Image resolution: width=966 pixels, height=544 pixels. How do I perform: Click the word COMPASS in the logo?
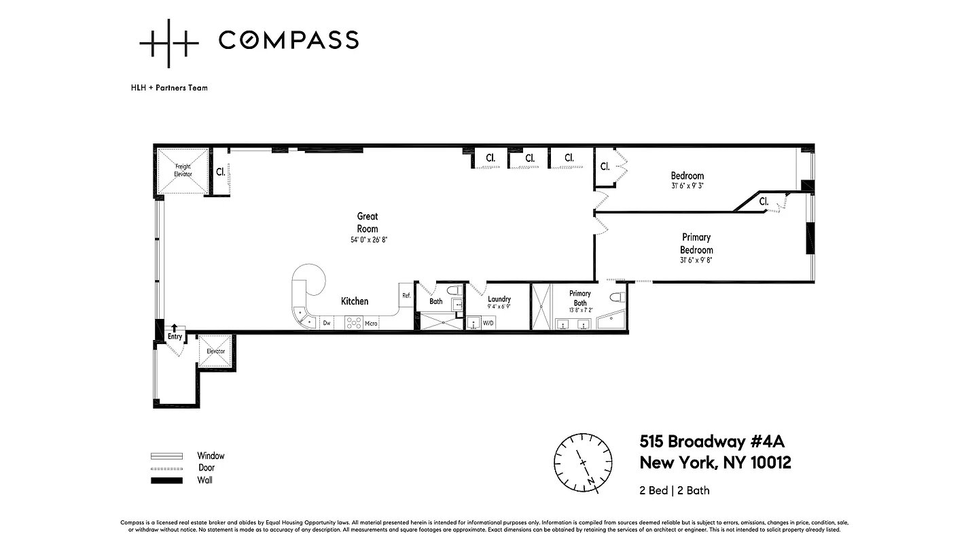pyautogui.click(x=288, y=40)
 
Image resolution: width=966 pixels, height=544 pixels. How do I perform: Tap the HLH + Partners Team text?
pyautogui.click(x=169, y=88)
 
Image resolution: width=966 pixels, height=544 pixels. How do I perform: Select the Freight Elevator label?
pyautogui.click(x=183, y=170)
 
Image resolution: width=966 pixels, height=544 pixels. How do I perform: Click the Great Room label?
pyautogui.click(x=368, y=222)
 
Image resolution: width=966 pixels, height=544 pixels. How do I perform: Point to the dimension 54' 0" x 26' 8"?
pyautogui.click(x=368, y=240)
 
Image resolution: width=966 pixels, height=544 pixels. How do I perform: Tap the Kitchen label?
pyautogui.click(x=355, y=301)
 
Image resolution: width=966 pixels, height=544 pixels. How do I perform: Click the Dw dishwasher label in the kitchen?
pyautogui.click(x=327, y=323)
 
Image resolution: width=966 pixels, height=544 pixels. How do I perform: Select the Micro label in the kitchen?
pyautogui.click(x=371, y=323)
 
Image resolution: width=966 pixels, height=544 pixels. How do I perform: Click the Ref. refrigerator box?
pyautogui.click(x=406, y=296)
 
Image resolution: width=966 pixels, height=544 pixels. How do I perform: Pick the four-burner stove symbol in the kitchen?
pyautogui.click(x=353, y=322)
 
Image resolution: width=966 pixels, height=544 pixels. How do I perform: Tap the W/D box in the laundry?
pyautogui.click(x=488, y=323)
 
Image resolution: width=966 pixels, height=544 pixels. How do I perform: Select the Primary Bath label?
pyautogui.click(x=580, y=298)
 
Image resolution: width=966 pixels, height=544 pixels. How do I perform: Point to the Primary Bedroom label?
pyautogui.click(x=696, y=243)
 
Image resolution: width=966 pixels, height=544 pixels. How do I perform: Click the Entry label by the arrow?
pyautogui.click(x=175, y=337)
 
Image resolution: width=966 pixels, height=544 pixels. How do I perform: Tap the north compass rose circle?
pyautogui.click(x=582, y=462)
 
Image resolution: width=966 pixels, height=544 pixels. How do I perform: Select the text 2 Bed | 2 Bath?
pyautogui.click(x=675, y=490)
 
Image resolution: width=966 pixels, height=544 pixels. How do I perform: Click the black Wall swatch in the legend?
pyautogui.click(x=166, y=480)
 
